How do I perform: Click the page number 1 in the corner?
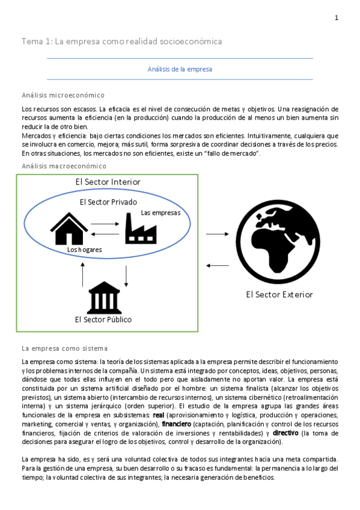click(337, 18)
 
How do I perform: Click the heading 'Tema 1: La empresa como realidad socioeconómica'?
click(121, 41)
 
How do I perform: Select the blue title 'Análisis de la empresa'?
click(180, 69)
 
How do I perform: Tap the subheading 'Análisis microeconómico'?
click(63, 95)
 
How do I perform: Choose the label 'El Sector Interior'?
click(108, 182)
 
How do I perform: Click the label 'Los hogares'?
click(84, 249)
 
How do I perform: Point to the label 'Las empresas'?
click(160, 212)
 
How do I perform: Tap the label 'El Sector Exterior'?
click(279, 294)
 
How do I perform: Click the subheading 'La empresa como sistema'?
click(64, 348)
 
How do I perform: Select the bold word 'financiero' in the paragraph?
click(176, 423)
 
